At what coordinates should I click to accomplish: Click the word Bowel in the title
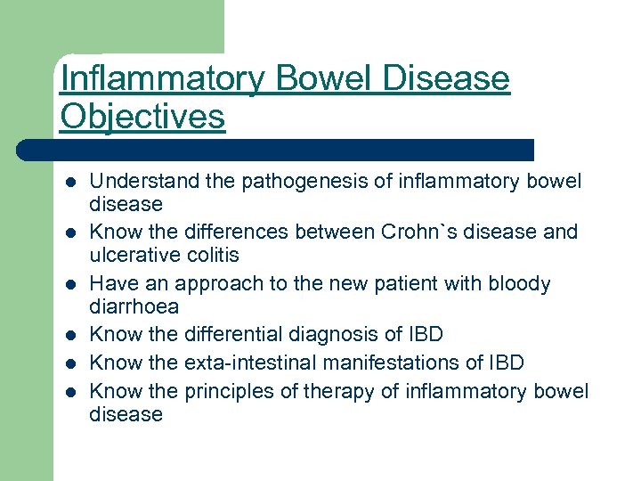tap(324, 80)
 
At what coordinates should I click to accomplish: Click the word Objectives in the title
tap(142, 117)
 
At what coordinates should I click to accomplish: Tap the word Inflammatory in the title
tap(163, 80)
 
